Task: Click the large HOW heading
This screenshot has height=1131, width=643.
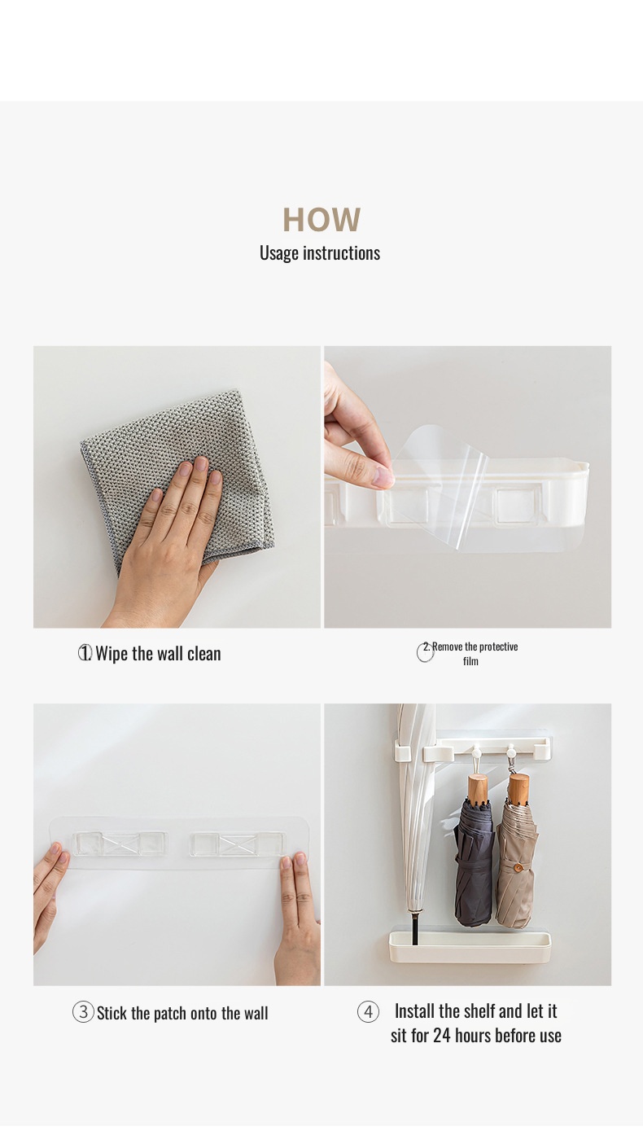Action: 321,220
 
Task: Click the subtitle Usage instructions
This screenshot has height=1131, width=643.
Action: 320,253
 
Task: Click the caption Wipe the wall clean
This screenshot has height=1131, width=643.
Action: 158,653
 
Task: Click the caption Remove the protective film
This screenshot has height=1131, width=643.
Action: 471,653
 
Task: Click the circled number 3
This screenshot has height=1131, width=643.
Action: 83,1012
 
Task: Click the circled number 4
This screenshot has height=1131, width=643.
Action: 368,1011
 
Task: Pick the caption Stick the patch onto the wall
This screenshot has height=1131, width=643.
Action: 182,1013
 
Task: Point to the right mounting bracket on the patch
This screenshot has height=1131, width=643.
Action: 237,844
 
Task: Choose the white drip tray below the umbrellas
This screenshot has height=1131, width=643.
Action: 470,947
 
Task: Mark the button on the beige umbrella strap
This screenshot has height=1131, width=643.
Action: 518,866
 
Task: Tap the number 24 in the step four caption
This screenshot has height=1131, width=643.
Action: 441,1036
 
